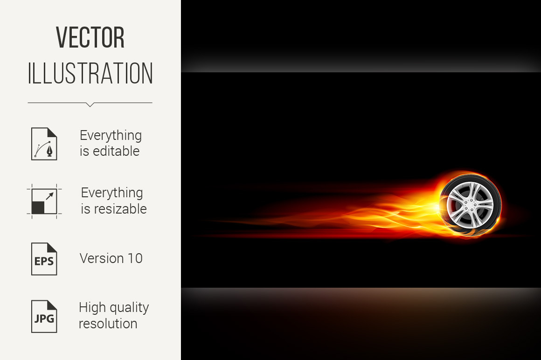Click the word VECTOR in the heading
click(x=90, y=37)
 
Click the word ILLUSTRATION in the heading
click(x=90, y=74)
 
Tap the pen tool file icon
click(x=44, y=144)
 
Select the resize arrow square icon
click(x=44, y=201)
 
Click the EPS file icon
click(x=44, y=259)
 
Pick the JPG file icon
click(x=44, y=317)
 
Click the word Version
click(x=102, y=258)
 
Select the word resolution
click(x=108, y=324)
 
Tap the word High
click(x=93, y=308)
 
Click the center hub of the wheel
click(x=470, y=205)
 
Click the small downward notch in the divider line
click(x=90, y=104)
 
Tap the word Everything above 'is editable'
click(x=111, y=136)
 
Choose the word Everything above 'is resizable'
click(x=112, y=193)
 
